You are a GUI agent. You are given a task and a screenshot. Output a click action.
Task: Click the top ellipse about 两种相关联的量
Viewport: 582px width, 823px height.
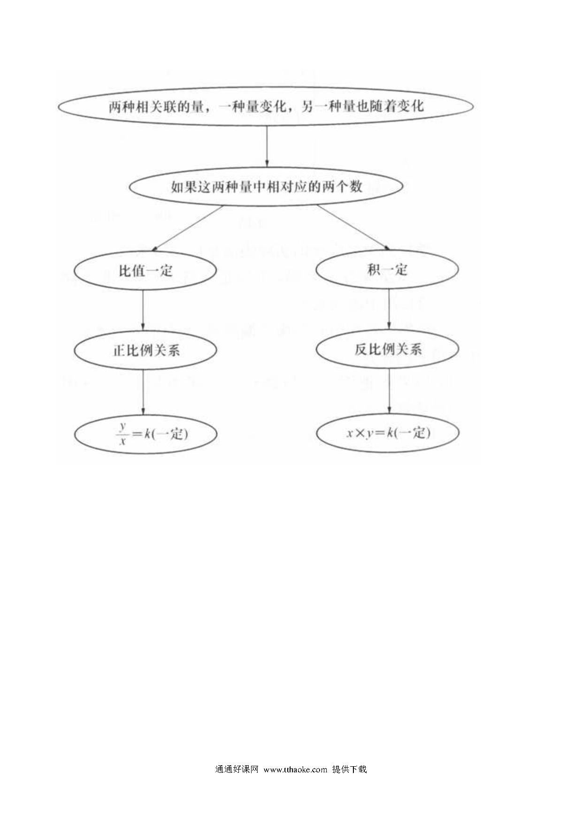(266, 87)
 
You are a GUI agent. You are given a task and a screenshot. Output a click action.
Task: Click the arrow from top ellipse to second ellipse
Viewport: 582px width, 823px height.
(267, 146)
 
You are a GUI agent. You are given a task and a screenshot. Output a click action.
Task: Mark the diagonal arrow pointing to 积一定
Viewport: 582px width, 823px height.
(354, 228)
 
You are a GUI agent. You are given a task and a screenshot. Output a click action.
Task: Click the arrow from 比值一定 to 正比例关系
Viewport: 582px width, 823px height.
(143, 310)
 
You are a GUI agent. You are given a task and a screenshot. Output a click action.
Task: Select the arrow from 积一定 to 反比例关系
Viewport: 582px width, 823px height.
(389, 309)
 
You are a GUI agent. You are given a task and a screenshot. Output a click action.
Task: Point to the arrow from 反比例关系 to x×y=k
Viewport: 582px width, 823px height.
(389, 391)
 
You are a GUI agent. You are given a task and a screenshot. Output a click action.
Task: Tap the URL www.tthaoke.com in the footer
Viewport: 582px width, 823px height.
(295, 769)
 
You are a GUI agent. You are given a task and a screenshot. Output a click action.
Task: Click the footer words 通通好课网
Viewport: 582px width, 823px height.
(237, 769)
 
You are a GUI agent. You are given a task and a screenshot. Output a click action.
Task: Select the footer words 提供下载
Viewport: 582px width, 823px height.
(349, 769)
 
